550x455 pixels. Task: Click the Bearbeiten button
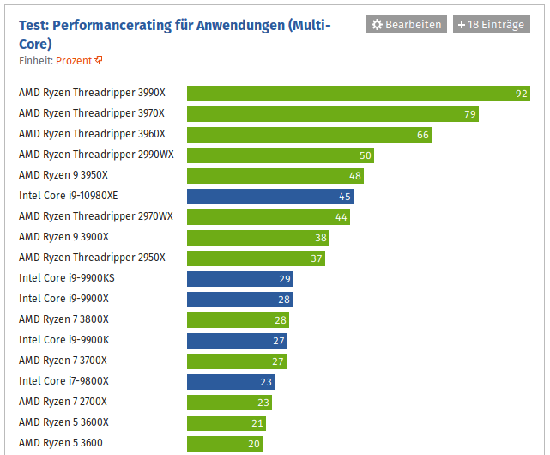click(x=406, y=25)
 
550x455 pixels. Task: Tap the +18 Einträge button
click(x=491, y=25)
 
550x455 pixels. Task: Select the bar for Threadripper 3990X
click(x=358, y=94)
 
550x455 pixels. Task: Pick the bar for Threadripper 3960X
click(x=309, y=135)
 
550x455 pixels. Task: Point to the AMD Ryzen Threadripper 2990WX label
click(x=96, y=155)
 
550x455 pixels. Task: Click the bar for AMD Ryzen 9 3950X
click(x=275, y=176)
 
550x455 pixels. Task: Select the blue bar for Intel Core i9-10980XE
click(x=269, y=197)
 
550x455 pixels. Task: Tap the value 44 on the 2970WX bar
click(x=341, y=217)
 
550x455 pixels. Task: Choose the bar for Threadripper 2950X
click(x=256, y=258)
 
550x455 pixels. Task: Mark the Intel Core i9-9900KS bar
click(x=239, y=279)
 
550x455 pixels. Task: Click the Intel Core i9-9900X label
click(x=63, y=299)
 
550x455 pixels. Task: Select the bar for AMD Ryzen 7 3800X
click(x=238, y=320)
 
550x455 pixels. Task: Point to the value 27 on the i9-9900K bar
click(x=279, y=341)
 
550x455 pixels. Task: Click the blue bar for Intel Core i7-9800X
click(x=230, y=382)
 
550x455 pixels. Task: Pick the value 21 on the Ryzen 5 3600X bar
click(x=257, y=423)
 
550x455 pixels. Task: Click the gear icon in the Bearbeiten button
click(x=377, y=25)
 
